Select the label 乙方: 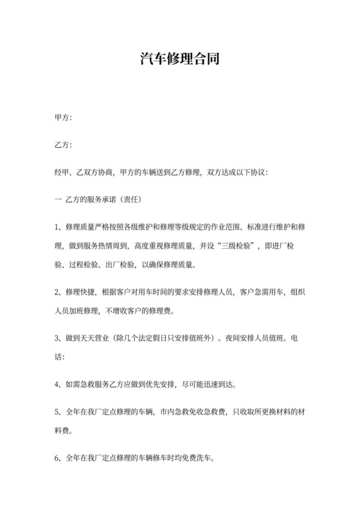63,145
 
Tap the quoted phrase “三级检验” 236,246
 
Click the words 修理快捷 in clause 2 79,292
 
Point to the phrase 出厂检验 121,264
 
